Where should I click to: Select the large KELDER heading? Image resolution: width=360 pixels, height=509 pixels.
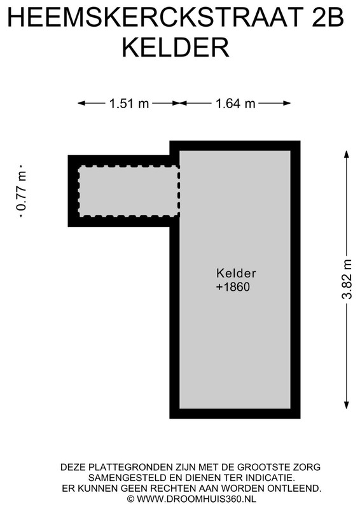176,47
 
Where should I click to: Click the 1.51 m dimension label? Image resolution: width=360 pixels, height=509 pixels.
129,104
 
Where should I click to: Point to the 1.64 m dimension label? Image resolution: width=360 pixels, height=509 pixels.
235,104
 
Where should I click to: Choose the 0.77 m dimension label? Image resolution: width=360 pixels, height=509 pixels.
22,192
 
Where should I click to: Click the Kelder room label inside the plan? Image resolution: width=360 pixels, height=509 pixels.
236,273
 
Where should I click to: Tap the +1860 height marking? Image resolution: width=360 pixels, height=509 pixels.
233,287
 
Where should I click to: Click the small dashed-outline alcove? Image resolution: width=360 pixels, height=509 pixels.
129,191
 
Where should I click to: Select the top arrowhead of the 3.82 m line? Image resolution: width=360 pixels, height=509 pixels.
347,154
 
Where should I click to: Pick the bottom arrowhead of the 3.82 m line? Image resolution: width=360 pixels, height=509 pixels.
347,405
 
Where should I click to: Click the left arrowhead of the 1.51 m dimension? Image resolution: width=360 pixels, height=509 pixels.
81,103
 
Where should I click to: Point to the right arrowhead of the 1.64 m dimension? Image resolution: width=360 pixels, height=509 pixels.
287,103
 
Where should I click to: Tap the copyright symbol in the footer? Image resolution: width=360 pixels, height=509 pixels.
130,499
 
